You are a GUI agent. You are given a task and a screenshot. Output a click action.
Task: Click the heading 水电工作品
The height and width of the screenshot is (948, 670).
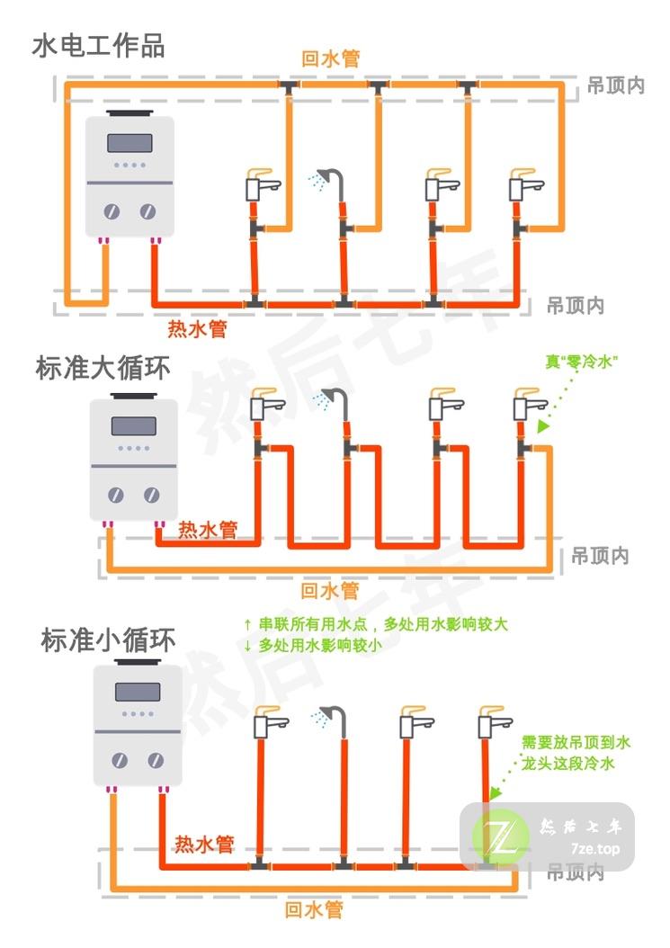(99, 45)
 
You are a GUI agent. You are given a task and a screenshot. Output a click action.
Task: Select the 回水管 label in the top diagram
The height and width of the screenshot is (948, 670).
(330, 58)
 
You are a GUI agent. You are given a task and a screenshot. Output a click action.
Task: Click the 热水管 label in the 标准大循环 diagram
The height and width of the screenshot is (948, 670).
(208, 530)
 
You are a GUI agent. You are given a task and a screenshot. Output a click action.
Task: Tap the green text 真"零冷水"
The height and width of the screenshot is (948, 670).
(583, 362)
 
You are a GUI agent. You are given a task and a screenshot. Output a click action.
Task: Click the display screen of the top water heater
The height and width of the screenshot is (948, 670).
(128, 142)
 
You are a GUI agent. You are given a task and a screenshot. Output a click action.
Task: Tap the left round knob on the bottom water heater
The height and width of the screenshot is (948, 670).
(120, 761)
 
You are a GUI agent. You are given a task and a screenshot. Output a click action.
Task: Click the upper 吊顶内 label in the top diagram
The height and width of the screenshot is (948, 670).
(616, 86)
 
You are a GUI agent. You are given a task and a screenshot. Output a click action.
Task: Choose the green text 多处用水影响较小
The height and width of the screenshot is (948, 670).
(319, 645)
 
